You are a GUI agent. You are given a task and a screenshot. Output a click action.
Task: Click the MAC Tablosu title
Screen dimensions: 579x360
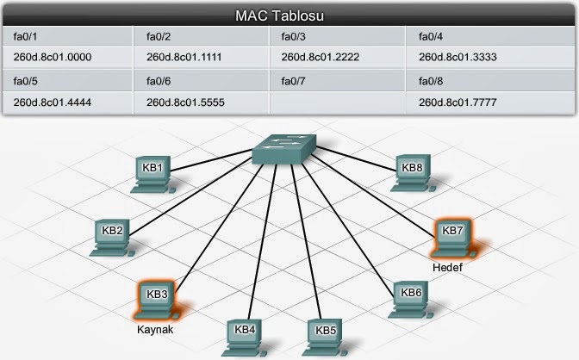[279, 16]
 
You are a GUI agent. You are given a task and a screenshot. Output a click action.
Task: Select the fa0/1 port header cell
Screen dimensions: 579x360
[67, 36]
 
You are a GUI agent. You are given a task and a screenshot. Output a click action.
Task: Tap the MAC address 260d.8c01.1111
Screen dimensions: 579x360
[184, 57]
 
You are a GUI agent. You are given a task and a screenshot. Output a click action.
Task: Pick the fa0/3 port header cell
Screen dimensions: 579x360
[337, 36]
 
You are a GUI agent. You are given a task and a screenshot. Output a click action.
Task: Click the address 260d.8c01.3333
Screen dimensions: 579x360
[458, 57]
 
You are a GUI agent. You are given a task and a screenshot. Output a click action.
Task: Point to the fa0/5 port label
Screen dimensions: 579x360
[26, 81]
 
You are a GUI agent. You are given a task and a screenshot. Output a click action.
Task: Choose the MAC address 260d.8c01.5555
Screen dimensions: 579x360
[185, 102]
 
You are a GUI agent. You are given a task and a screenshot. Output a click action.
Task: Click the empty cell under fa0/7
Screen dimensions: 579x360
[337, 102]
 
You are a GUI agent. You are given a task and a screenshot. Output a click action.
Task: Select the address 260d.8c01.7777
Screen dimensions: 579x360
[458, 102]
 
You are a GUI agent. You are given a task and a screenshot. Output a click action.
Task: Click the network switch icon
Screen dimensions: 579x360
[284, 149]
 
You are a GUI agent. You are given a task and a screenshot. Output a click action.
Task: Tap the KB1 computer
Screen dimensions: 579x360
[153, 174]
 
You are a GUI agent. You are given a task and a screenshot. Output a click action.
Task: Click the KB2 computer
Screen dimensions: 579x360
[112, 238]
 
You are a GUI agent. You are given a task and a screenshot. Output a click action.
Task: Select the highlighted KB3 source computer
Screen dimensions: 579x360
[157, 301]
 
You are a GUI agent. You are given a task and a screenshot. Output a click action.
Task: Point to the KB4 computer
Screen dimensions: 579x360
[244, 338]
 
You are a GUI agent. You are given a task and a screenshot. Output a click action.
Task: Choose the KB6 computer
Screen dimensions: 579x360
[411, 300]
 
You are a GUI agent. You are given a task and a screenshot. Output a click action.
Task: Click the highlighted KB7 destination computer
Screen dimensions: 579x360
[452, 239]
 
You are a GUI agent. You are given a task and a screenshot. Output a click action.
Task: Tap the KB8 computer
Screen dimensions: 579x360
[413, 173]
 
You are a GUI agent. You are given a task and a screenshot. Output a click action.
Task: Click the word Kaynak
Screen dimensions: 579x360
[155, 329]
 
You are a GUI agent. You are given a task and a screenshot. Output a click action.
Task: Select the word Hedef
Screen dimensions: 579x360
[447, 267]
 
